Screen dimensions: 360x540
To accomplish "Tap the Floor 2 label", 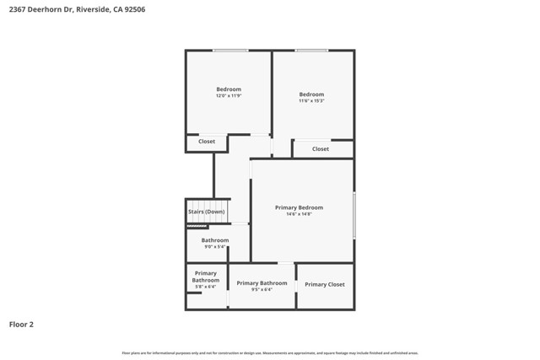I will tap(22, 324).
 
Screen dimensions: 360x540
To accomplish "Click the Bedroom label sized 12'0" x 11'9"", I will tap(229, 89).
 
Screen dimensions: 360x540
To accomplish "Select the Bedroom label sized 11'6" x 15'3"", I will tap(311, 94).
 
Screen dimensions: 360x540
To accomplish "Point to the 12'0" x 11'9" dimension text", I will tap(229, 96).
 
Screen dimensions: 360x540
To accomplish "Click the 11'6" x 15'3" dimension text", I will tap(311, 101).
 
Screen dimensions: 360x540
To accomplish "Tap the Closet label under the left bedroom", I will tap(207, 142).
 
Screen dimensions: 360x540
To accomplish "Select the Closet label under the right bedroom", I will tap(321, 149).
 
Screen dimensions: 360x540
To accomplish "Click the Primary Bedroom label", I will tap(299, 207).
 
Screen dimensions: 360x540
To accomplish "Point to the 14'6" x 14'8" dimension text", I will tap(299, 214).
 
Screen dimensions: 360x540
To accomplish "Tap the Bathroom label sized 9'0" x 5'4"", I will tap(215, 240).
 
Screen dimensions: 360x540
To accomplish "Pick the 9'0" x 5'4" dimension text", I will tap(215, 247).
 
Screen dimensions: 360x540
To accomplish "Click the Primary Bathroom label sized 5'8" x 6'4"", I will tap(206, 277).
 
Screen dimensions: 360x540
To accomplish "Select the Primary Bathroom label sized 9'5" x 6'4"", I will tap(262, 283).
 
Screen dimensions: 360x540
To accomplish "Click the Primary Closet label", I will tap(325, 285).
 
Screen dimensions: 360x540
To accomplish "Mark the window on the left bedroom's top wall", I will tap(229, 51).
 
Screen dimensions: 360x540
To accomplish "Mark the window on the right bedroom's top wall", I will tap(311, 51).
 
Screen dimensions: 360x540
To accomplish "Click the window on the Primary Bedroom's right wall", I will tap(354, 215).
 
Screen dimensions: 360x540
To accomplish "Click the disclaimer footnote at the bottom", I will tap(270, 353).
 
